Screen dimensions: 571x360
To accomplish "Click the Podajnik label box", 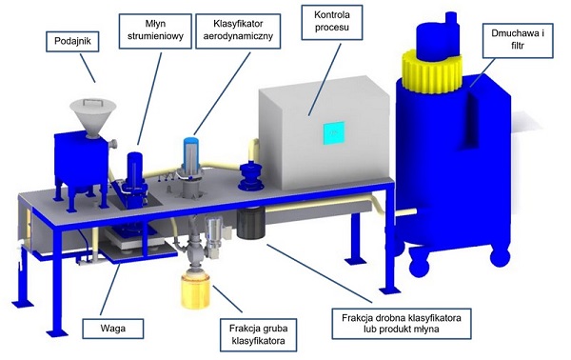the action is [72, 41].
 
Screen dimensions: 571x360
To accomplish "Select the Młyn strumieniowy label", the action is [155, 31].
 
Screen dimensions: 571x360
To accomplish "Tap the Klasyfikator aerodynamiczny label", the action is [238, 31].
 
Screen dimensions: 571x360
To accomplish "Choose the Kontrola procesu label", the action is [332, 22].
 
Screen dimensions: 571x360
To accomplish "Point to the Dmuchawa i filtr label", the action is [518, 40].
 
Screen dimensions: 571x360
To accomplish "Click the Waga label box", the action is [113, 329].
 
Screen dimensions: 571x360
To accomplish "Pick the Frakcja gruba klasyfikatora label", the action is [258, 335].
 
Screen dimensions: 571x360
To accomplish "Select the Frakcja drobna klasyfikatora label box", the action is [402, 324].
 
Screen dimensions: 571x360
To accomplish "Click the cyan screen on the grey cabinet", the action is [334, 133].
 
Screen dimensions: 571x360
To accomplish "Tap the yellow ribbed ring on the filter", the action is [431, 71].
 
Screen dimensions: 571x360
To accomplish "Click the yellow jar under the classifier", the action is [195, 290].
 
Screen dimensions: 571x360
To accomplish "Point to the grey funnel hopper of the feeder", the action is [93, 116].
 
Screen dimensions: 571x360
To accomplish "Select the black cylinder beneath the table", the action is [250, 223].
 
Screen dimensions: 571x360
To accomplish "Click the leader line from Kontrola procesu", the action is [325, 80].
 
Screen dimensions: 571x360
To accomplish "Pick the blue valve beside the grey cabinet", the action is [251, 175].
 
